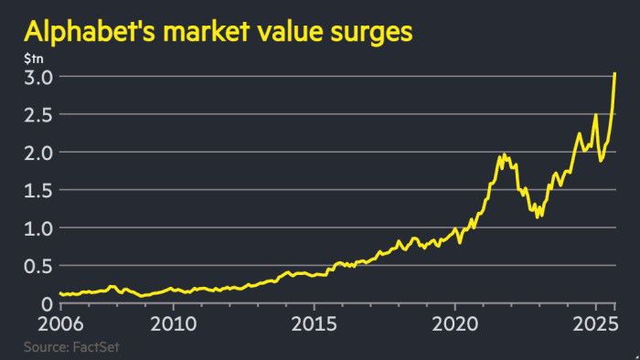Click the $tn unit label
tap(32, 58)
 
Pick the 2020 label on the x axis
tap(456, 324)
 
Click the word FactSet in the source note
tap(96, 347)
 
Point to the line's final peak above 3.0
tap(614, 73)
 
